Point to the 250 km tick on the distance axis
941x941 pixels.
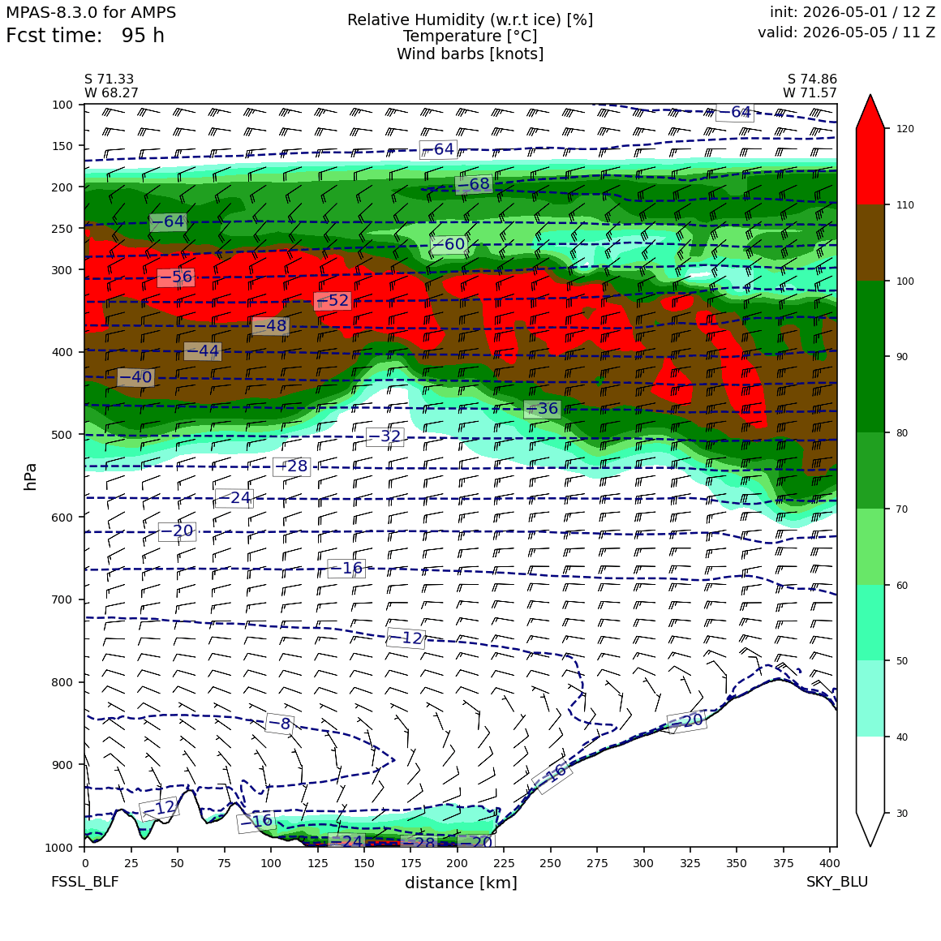click(x=550, y=863)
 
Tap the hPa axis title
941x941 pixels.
click(x=30, y=476)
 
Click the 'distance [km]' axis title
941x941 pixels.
click(x=461, y=883)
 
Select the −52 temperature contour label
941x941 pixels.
click(x=333, y=301)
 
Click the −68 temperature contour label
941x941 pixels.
click(x=474, y=184)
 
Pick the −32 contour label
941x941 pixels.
click(x=384, y=436)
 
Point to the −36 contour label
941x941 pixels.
click(x=542, y=409)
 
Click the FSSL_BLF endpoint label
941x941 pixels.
click(x=84, y=881)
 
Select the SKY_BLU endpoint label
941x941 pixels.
click(x=836, y=881)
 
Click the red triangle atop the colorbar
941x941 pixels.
click(x=870, y=112)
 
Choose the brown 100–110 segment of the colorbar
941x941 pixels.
click(x=870, y=243)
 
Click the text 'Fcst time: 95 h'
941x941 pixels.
click(x=85, y=36)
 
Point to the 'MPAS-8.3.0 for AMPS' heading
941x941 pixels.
click(x=91, y=12)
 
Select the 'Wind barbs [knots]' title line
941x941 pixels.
click(x=470, y=54)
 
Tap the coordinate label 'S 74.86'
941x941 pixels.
click(x=812, y=79)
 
